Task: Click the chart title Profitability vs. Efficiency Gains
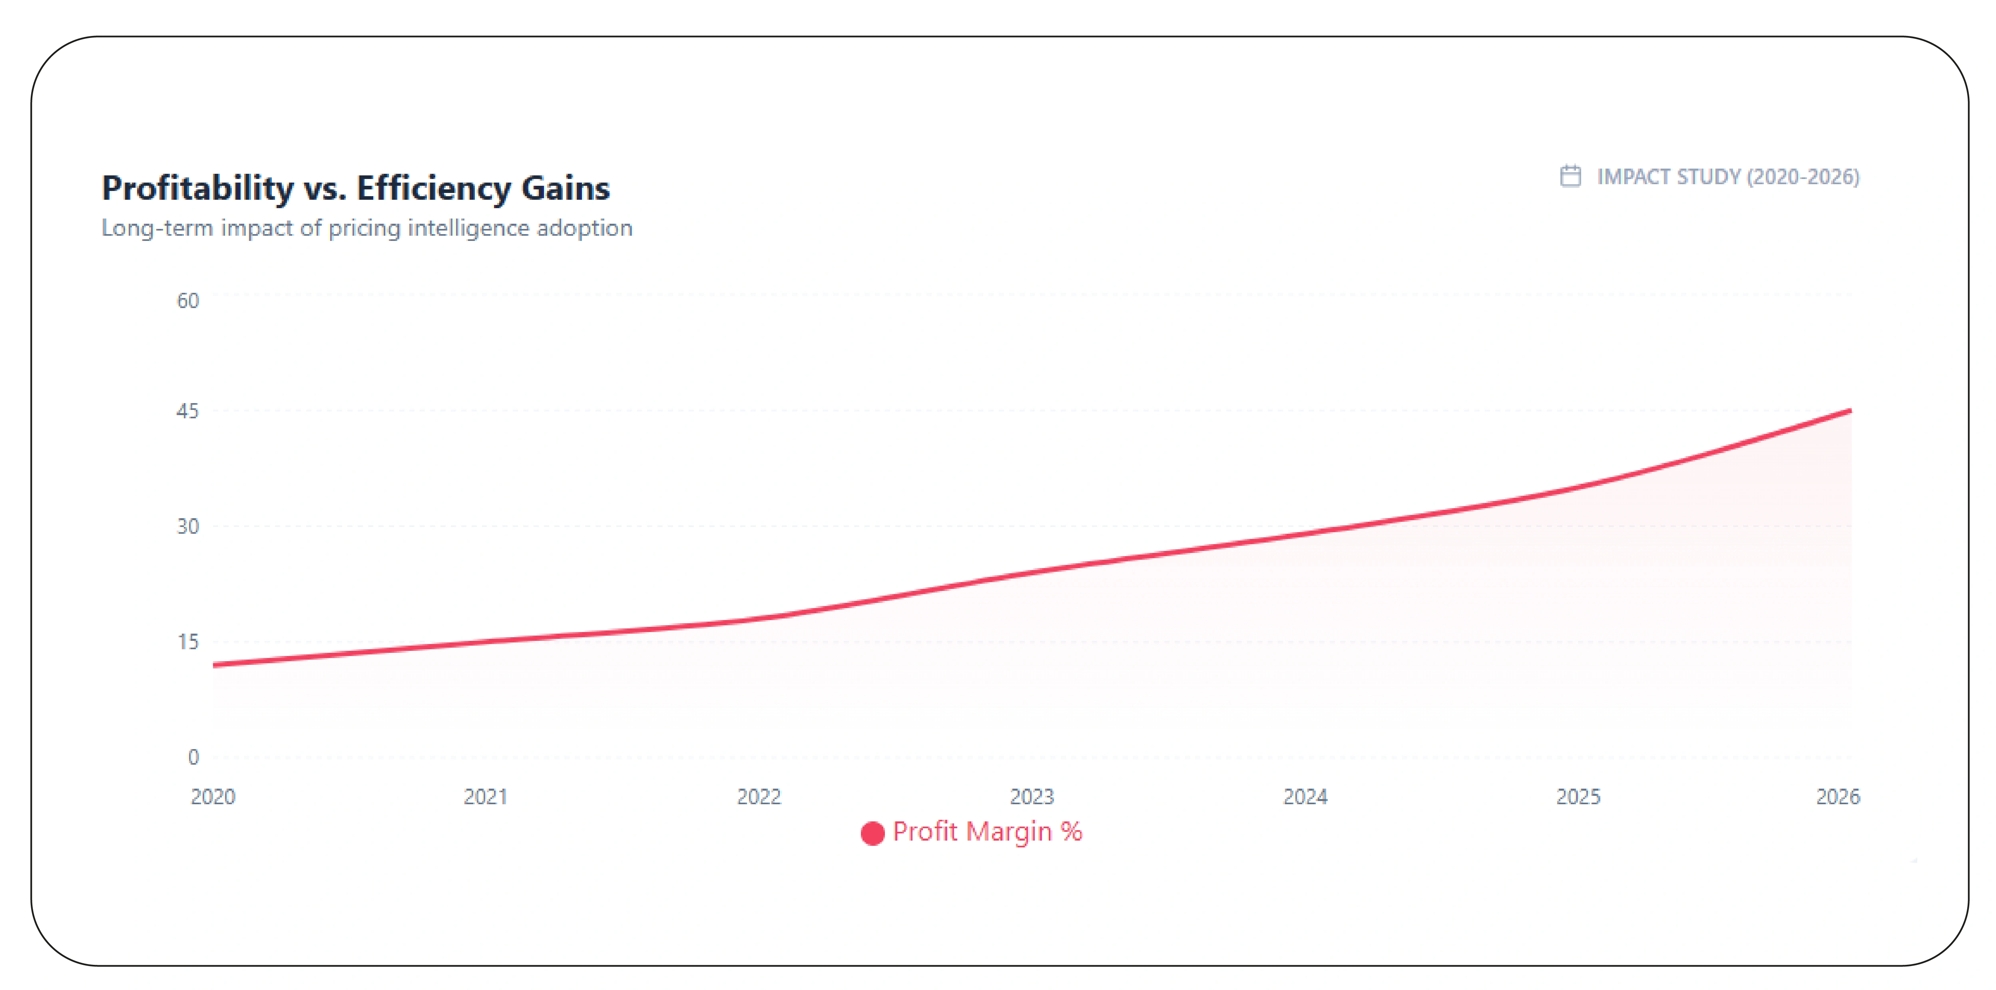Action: (x=356, y=188)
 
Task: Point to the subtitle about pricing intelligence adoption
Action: (x=367, y=228)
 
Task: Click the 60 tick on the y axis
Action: (x=187, y=300)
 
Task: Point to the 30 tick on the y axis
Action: (x=187, y=526)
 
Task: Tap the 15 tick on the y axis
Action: (x=187, y=641)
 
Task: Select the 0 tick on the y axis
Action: (x=193, y=757)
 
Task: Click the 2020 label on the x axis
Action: (x=213, y=796)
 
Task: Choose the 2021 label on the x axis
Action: (x=486, y=796)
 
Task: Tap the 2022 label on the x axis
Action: (x=759, y=796)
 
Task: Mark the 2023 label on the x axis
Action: (x=1032, y=796)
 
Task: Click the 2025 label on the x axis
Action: (x=1578, y=796)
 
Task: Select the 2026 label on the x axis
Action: (x=1838, y=796)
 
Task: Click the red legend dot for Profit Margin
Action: (x=873, y=833)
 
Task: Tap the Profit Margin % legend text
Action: (x=987, y=831)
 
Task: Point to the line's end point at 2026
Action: (x=1850, y=411)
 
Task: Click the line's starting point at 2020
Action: (x=215, y=665)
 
